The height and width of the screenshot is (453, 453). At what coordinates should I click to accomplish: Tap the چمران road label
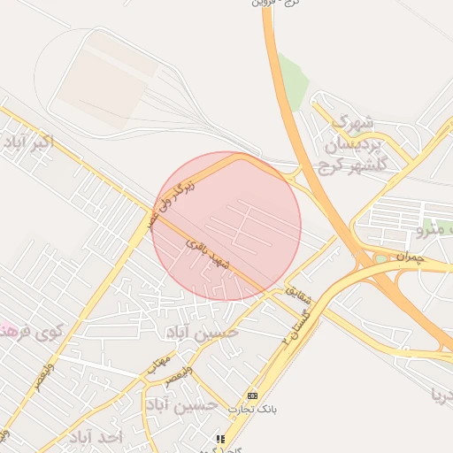click(411, 257)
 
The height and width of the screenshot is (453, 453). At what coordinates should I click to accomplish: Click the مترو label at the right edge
click(437, 231)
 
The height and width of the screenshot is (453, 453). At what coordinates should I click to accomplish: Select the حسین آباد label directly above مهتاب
click(202, 334)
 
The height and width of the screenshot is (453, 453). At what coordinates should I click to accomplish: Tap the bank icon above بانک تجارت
click(253, 395)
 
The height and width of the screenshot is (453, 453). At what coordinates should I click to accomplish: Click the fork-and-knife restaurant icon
click(221, 438)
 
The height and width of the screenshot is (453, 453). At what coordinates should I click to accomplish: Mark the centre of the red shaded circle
click(227, 226)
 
